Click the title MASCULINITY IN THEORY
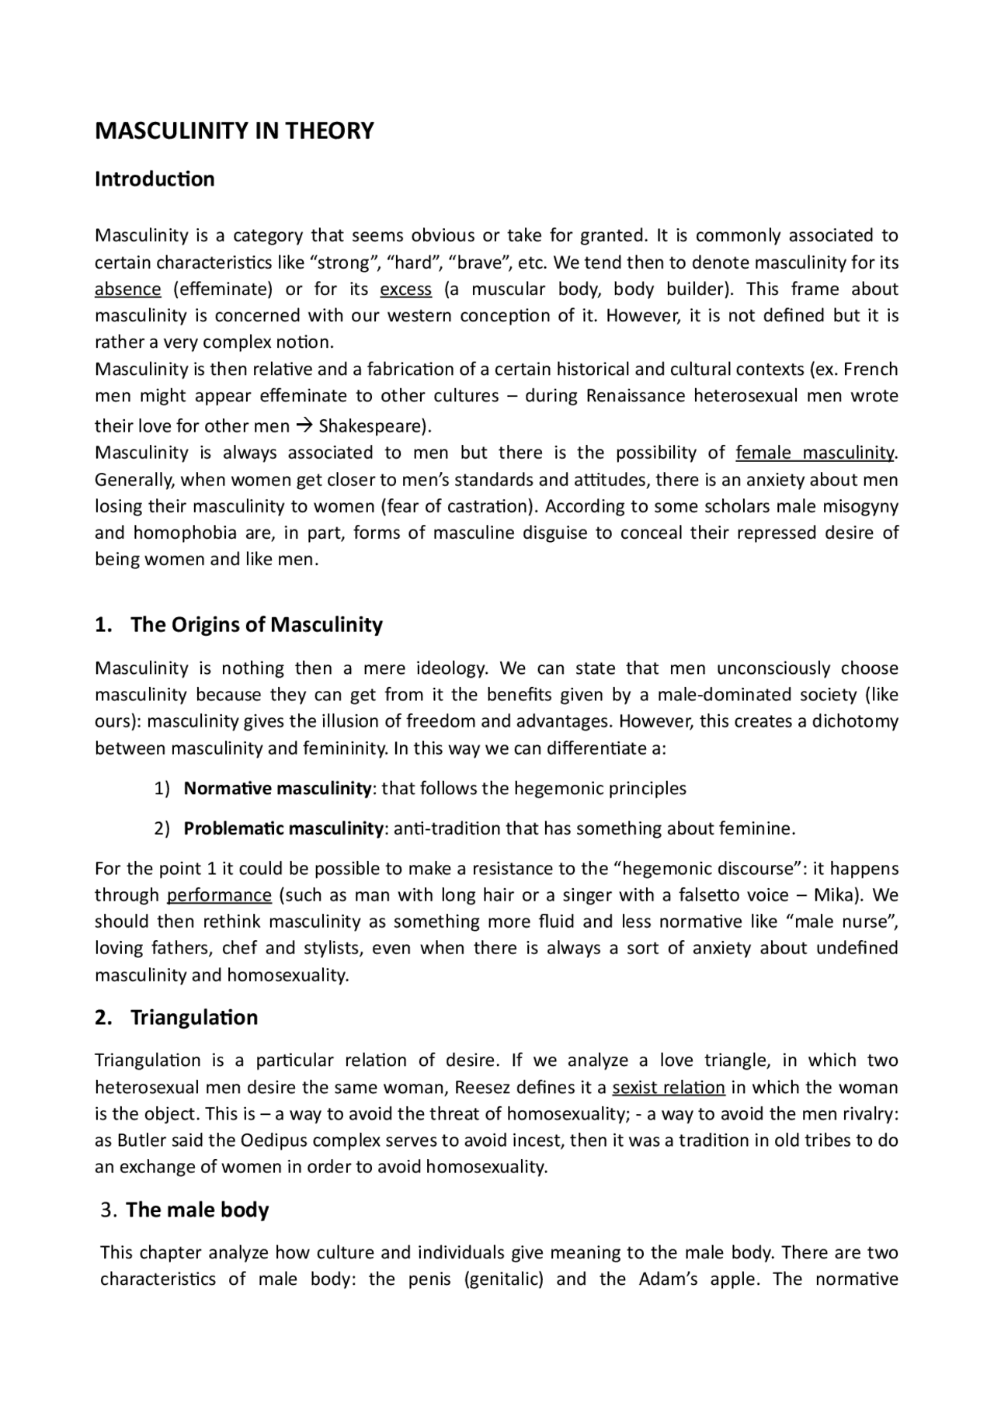pos(234,130)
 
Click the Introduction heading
pos(155,179)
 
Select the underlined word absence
pos(127,290)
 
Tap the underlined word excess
pos(405,290)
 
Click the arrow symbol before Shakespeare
pos(304,426)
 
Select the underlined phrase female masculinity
pos(815,453)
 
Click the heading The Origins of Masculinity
pos(256,625)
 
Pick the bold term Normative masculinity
pos(277,789)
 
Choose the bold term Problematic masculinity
pos(283,828)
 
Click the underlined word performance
pos(219,895)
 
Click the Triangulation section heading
pos(193,1018)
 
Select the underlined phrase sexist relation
pos(669,1088)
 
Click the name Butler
pos(140,1140)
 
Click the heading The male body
pos(197,1210)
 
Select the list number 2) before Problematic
pos(162,828)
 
